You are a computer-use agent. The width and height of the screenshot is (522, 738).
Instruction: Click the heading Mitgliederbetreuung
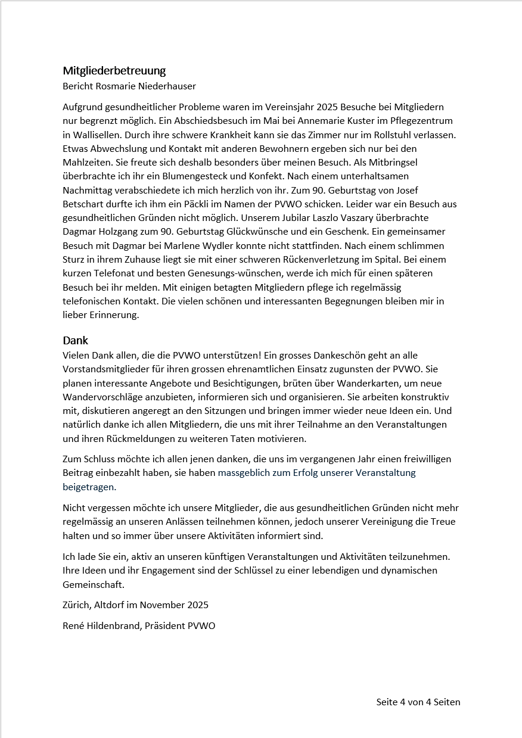[x=114, y=71]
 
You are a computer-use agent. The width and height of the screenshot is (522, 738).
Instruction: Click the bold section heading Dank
[x=75, y=341]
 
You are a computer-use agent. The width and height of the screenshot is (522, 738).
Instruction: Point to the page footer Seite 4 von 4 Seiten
[x=418, y=702]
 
